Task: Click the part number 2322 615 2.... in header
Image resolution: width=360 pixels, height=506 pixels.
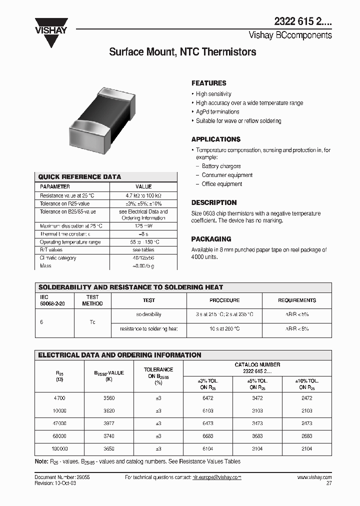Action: click(x=302, y=22)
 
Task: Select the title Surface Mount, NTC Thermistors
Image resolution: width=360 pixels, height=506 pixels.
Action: click(x=182, y=52)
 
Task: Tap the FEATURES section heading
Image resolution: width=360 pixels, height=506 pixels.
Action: click(x=208, y=83)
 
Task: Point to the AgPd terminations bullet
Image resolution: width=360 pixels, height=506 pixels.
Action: click(x=217, y=112)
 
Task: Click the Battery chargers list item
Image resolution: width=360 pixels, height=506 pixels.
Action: click(x=221, y=166)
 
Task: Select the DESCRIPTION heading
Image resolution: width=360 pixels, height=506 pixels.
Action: click(x=214, y=202)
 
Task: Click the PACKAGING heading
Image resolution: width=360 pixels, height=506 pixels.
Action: click(x=211, y=239)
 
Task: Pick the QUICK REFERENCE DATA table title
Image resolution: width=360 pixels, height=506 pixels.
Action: click(x=79, y=177)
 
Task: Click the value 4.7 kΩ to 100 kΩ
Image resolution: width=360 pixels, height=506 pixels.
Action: click(x=143, y=195)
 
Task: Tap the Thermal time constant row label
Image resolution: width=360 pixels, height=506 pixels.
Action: click(x=65, y=234)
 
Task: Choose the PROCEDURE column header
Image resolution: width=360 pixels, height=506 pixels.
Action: click(x=224, y=300)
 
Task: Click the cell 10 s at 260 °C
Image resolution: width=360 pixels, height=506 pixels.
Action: click(x=224, y=329)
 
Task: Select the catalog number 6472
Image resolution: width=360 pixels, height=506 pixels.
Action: click(x=207, y=398)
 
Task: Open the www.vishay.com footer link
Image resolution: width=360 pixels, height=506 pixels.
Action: click(x=314, y=477)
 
